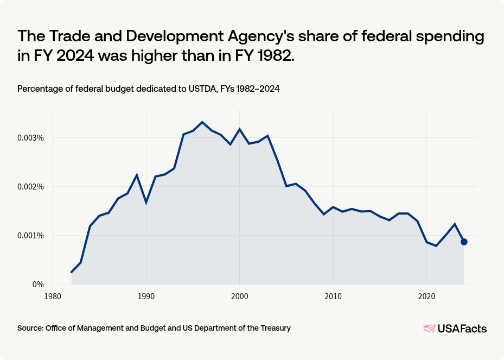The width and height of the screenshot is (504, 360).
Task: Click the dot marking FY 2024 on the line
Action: [464, 242]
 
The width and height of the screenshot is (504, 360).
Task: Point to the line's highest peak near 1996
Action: [202, 122]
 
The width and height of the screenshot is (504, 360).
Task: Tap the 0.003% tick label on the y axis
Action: [31, 138]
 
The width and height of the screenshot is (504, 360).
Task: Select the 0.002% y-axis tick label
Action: [31, 187]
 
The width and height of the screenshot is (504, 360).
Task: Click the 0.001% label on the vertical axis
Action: [31, 236]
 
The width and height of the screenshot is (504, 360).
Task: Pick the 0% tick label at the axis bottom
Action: [37, 285]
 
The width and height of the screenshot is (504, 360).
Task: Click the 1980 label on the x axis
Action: [53, 296]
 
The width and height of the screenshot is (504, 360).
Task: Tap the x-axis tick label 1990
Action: [146, 296]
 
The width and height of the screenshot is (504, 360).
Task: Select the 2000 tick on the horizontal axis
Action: [239, 296]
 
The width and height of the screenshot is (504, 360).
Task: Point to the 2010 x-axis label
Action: [333, 296]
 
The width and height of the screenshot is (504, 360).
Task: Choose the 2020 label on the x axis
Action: [426, 296]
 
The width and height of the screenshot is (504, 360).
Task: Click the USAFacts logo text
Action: [462, 328]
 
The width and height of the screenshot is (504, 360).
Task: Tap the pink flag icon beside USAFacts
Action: [429, 328]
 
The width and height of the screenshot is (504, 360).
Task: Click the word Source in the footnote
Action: [30, 328]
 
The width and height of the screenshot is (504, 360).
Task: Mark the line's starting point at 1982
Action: [72, 272]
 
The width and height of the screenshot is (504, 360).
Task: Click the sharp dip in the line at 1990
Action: [146, 203]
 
